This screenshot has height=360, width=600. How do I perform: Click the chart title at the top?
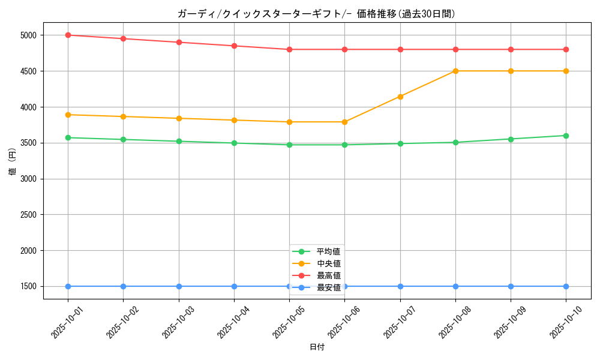[316, 14]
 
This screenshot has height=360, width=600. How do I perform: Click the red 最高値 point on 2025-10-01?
[68, 35]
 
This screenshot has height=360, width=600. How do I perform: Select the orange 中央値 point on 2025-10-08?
[455, 71]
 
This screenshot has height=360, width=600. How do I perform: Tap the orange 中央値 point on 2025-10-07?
[400, 96]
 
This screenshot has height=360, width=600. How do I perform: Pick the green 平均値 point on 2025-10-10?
[566, 136]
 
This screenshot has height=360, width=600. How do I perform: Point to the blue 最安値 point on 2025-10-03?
[179, 286]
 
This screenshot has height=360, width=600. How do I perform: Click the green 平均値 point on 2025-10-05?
[289, 145]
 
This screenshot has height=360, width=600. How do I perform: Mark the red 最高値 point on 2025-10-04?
[234, 46]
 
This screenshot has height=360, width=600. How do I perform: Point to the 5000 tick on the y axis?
[29, 35]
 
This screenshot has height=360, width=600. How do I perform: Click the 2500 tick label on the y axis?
[29, 214]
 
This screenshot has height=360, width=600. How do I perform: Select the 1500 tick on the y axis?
[29, 286]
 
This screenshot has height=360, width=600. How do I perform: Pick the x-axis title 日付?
[317, 347]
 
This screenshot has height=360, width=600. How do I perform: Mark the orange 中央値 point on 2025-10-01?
[68, 115]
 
